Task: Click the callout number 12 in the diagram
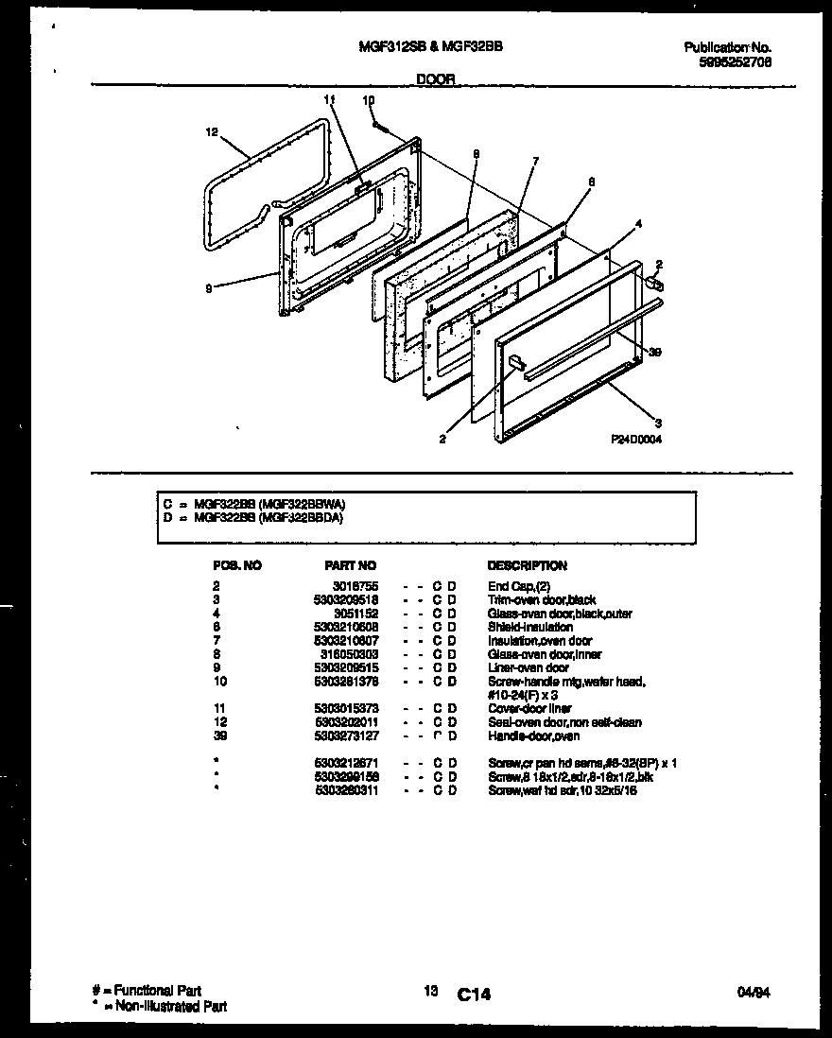click(x=211, y=133)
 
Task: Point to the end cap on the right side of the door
click(x=652, y=281)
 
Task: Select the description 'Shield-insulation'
click(x=529, y=627)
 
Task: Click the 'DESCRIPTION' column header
click(x=527, y=565)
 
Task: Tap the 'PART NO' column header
click(x=350, y=565)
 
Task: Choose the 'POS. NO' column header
click(x=237, y=565)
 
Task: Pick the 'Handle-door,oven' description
click(x=533, y=735)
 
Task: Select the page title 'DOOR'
click(x=436, y=81)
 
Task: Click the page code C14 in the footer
click(x=474, y=994)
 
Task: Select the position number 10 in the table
click(x=220, y=681)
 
